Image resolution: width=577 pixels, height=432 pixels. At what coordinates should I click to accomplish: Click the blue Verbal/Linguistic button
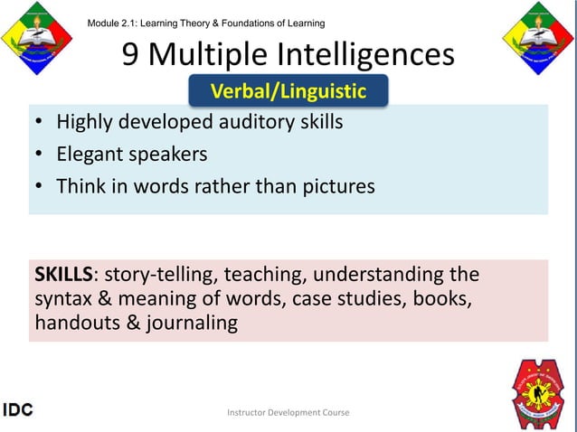point(288,91)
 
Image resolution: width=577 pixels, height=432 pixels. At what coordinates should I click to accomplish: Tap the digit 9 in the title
point(131,56)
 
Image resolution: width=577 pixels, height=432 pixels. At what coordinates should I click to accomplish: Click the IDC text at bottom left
point(17,410)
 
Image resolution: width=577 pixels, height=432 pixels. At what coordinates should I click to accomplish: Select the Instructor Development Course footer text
point(288,413)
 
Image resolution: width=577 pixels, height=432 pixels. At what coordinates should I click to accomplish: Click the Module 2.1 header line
point(206,23)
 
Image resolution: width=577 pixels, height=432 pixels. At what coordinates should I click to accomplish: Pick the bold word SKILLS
point(64,274)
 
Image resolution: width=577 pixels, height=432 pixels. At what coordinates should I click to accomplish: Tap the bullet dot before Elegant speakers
point(40,155)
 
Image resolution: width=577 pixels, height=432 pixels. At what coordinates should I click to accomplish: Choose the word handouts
point(70,323)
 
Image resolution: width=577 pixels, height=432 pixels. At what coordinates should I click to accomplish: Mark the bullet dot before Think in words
point(40,188)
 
